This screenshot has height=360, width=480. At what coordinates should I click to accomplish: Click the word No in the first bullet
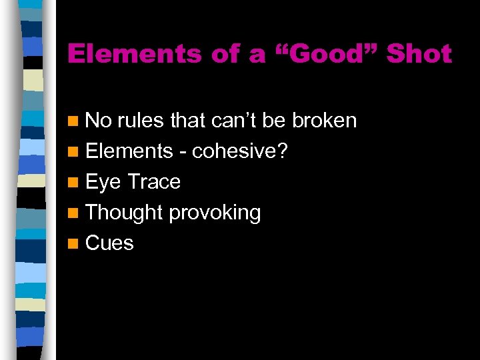99,121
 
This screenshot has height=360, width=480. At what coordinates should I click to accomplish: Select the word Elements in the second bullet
129,151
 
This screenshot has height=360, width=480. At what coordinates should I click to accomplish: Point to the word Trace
154,182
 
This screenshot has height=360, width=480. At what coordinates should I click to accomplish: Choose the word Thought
124,213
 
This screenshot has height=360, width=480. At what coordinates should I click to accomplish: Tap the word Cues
109,243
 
